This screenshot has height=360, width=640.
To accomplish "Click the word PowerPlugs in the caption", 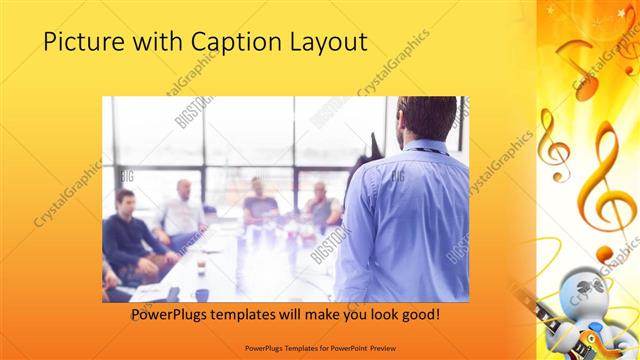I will [170, 314].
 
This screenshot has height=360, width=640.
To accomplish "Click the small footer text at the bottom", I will [319, 348].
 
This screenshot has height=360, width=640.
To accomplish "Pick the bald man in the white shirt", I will [183, 208].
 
